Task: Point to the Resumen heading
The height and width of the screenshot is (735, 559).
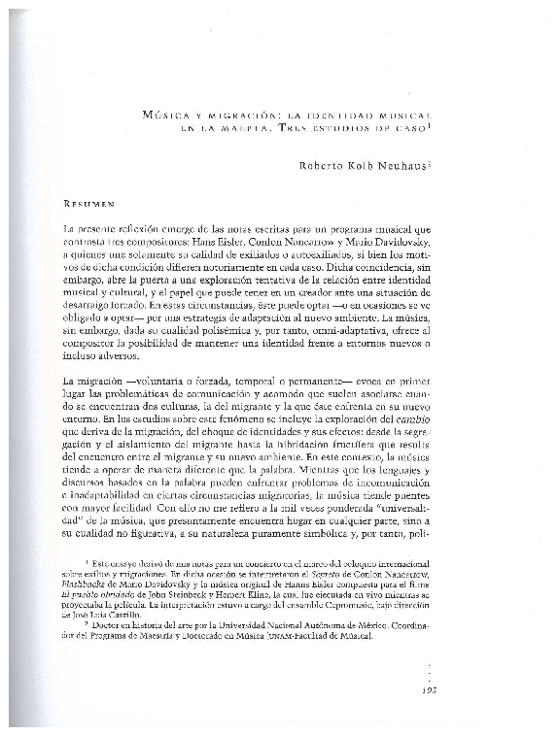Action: coord(89,205)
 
